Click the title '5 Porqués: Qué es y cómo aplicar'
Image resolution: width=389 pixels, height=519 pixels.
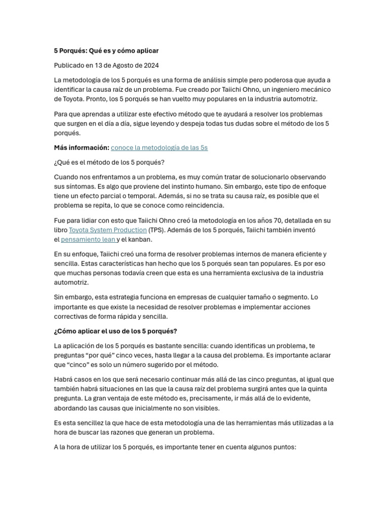106,51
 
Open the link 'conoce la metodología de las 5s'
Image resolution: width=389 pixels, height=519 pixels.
159,147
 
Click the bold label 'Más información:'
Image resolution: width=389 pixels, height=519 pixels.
82,147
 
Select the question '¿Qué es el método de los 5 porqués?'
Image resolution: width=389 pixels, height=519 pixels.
109,162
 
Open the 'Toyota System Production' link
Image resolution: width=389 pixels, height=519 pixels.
108,230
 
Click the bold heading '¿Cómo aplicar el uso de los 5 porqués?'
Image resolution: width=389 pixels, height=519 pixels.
115,331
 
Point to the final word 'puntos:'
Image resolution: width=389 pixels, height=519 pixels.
283,448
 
